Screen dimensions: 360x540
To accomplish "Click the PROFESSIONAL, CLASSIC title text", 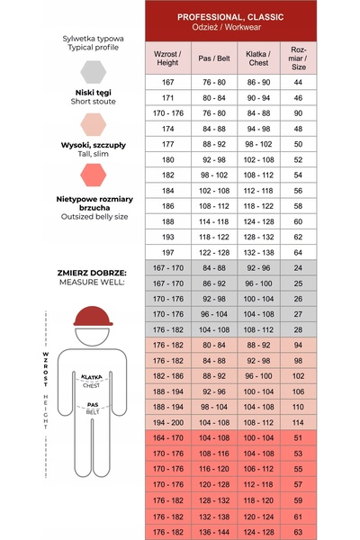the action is [230, 17].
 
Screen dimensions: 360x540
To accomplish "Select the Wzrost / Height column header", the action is [167, 58].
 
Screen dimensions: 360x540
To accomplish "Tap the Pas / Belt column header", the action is [214, 58].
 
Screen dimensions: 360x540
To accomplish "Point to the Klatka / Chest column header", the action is [258, 58].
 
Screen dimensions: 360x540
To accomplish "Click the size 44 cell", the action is [298, 82].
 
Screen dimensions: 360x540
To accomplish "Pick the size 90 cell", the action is [298, 113].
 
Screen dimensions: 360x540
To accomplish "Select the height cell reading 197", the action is [167, 252].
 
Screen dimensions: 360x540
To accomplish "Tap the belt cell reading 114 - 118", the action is [214, 221].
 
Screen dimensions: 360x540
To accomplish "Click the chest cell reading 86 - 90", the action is [258, 82].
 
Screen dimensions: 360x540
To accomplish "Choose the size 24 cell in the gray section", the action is [298, 268].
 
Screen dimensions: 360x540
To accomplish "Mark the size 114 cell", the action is [298, 423].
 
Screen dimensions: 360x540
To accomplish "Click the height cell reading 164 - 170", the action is [167, 438].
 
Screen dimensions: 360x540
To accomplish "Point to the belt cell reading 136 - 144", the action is [214, 532].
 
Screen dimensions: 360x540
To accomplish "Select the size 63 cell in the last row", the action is [298, 532].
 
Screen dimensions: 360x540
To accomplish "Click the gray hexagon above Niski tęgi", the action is [93, 72].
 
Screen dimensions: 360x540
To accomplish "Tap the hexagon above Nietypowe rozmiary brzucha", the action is [93, 175].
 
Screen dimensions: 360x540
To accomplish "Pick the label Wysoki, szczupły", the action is [94, 145].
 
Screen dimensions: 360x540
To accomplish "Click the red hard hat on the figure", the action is [93, 316].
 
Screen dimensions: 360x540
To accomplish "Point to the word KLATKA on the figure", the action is [92, 377].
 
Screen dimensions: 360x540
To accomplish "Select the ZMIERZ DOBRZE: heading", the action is [92, 273].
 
